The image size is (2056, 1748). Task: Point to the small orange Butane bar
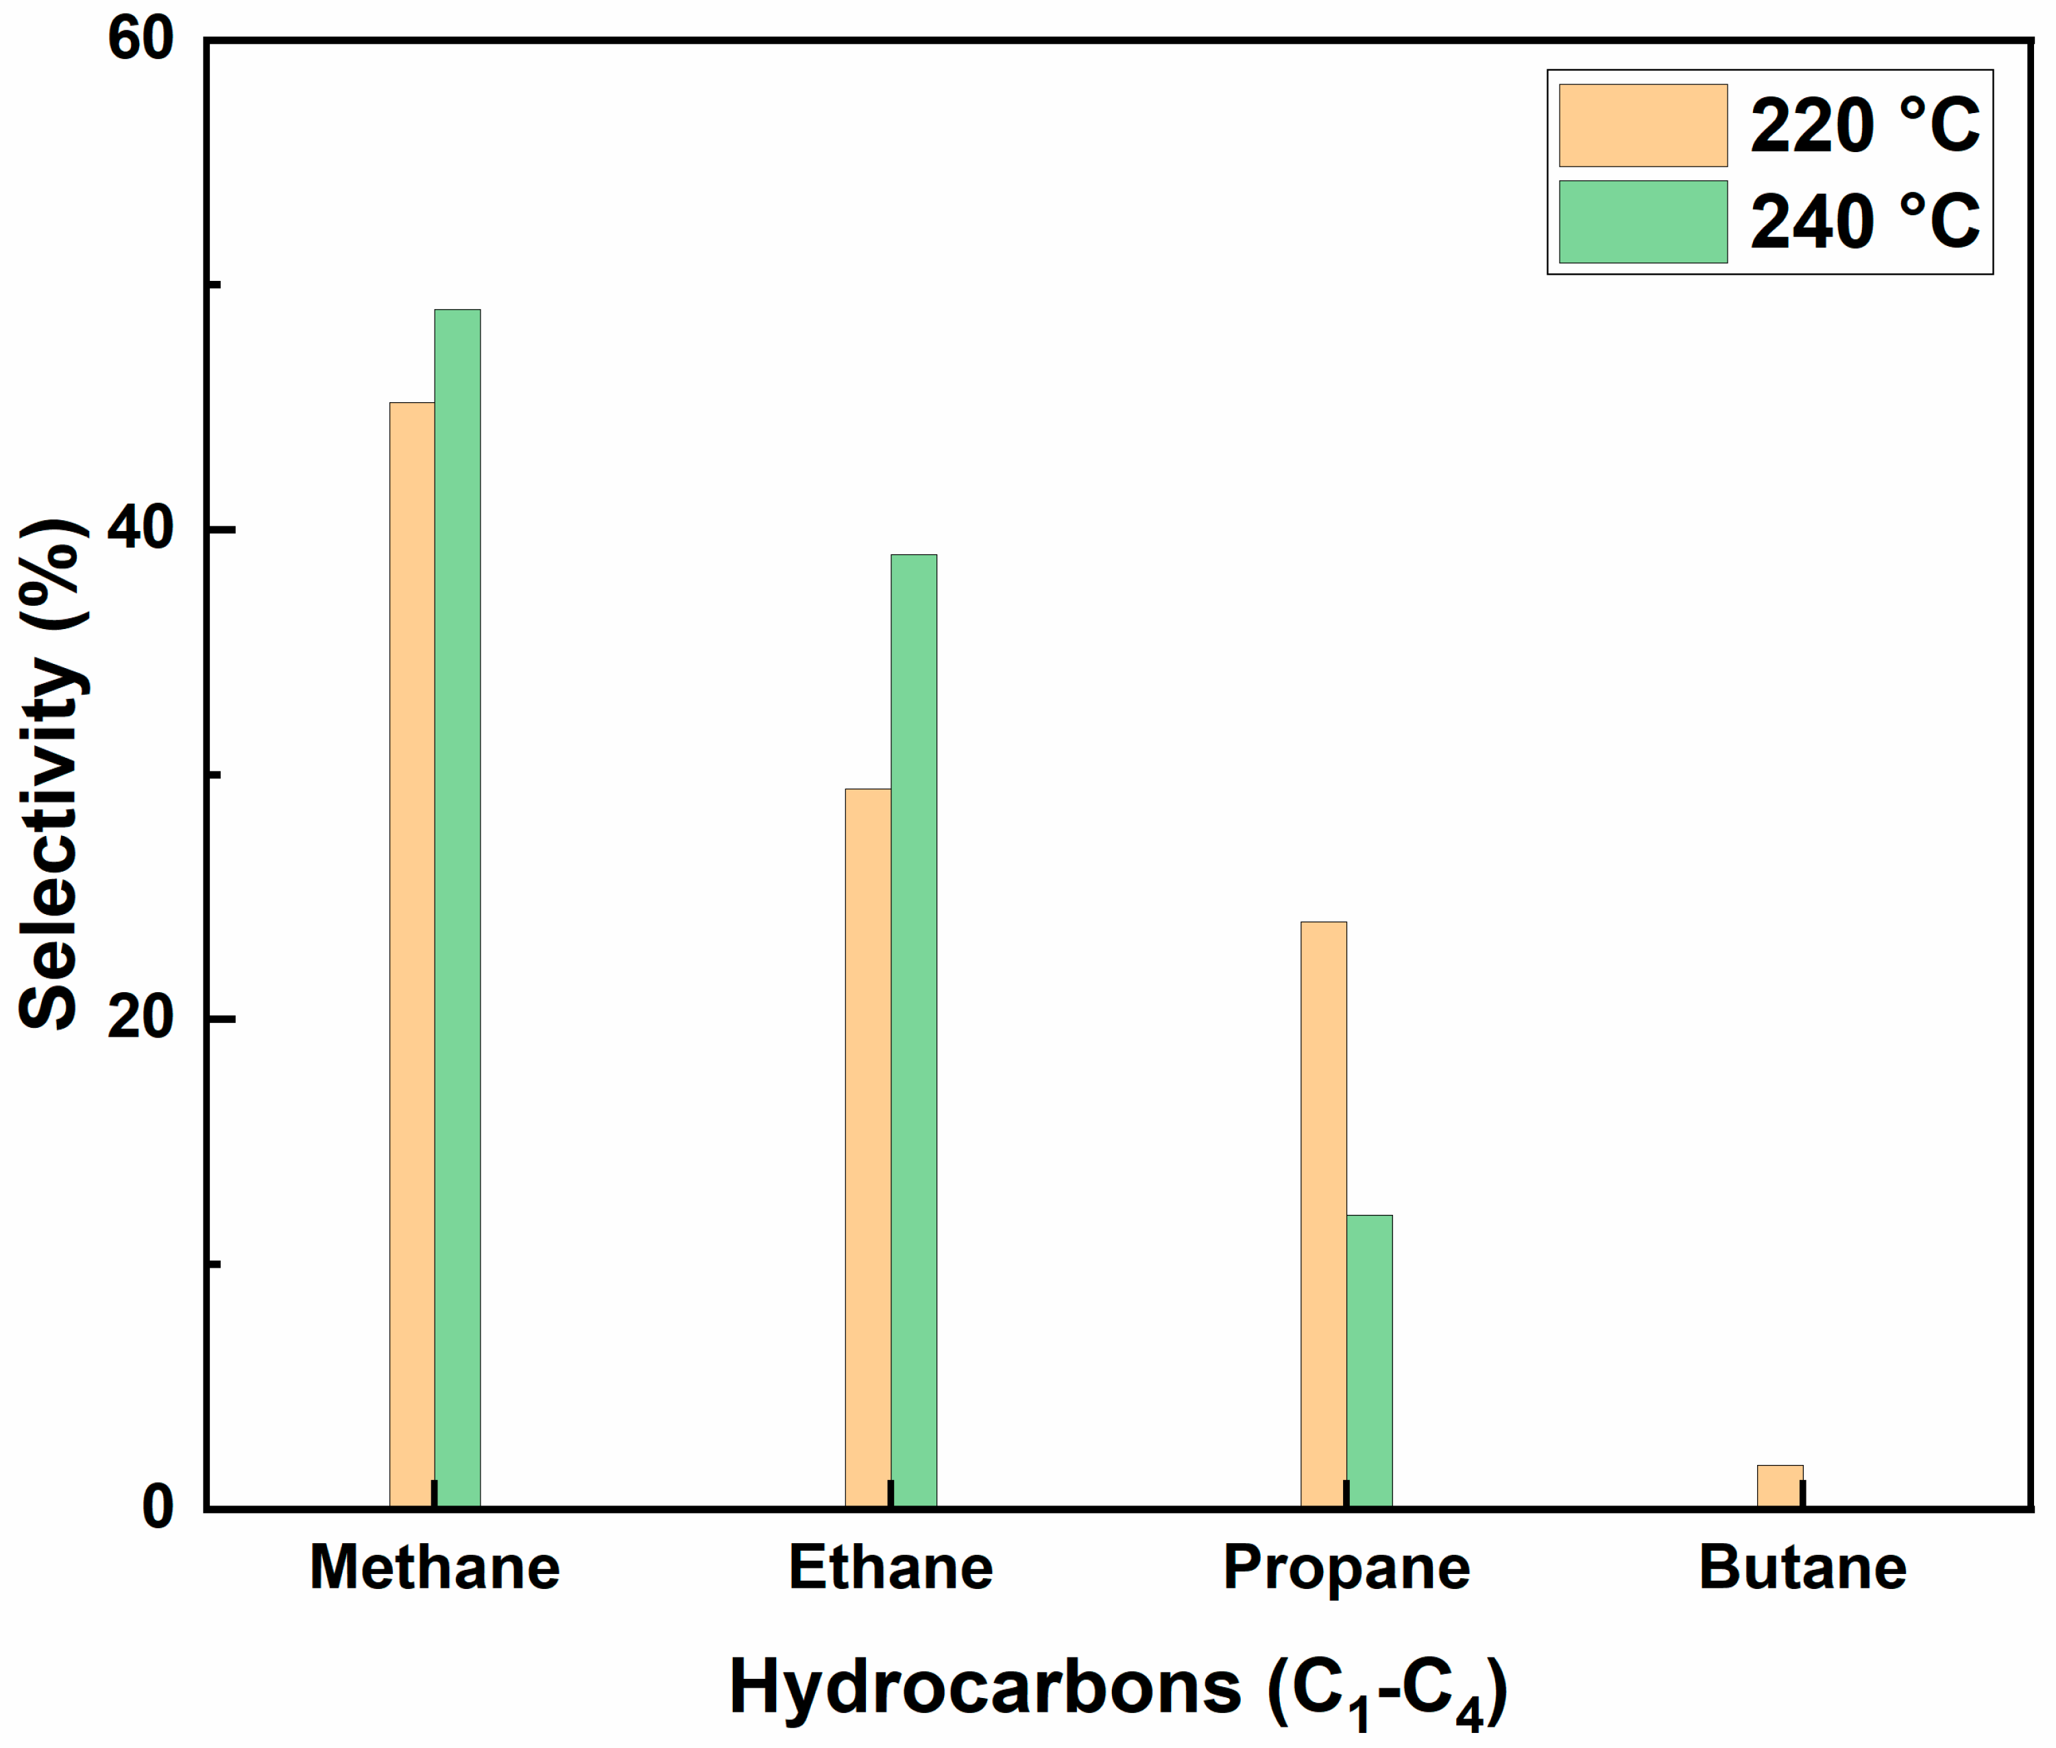(1780, 1486)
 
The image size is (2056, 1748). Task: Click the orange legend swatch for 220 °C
(1643, 125)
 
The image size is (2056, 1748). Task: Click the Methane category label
(434, 1568)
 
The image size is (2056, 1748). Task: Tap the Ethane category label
(891, 1568)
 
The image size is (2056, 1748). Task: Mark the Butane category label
(1802, 1568)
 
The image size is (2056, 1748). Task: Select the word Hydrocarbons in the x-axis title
(984, 1688)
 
